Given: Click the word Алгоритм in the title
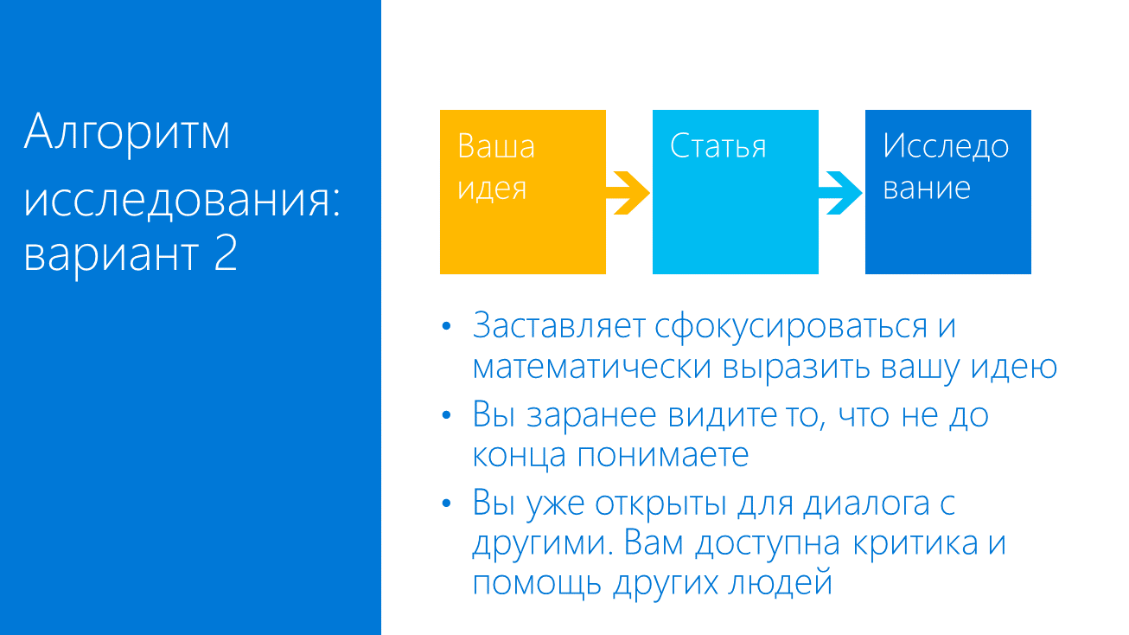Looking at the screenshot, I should click(128, 132).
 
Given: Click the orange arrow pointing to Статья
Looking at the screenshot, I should click(628, 192).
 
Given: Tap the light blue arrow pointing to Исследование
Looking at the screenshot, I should click(841, 192).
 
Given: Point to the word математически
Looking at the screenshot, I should click(591, 367).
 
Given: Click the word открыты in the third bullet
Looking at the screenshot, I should click(662, 504).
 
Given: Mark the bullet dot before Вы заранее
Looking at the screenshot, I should click(447, 415).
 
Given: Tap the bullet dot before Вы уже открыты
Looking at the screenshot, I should click(447, 504).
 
